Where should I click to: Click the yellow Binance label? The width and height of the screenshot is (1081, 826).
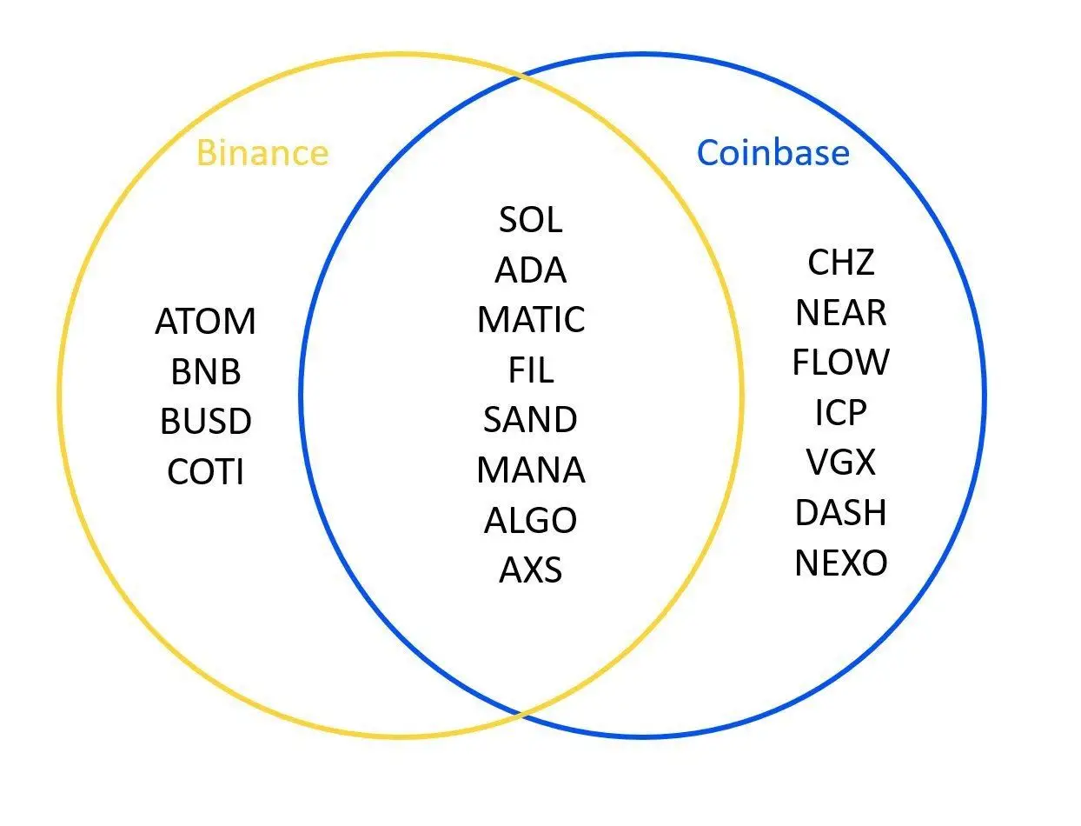(x=262, y=153)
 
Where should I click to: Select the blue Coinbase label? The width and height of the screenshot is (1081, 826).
(x=773, y=153)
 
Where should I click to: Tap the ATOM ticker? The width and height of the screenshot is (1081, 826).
(x=206, y=322)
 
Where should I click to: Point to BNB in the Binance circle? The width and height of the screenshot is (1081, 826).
(x=206, y=372)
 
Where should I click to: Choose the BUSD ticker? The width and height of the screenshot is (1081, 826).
(x=206, y=423)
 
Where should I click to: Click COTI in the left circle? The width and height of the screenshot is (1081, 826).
(x=206, y=473)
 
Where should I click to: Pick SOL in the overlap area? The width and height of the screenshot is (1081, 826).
(x=531, y=220)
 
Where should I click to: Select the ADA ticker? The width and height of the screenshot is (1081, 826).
(x=531, y=270)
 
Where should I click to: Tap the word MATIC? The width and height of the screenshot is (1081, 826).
(x=531, y=320)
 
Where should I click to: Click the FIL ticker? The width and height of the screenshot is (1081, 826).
(x=531, y=370)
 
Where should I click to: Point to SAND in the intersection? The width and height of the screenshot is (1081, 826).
(x=531, y=420)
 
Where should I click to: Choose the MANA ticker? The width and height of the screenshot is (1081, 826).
(x=531, y=470)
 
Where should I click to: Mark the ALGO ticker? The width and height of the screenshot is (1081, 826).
(x=531, y=521)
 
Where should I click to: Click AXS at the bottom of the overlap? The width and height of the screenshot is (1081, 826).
(x=531, y=570)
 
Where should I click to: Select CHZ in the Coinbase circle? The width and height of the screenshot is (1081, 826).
(x=841, y=262)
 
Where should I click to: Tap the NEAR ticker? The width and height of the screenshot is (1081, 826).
(x=841, y=312)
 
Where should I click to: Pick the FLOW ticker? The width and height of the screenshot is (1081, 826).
(x=841, y=363)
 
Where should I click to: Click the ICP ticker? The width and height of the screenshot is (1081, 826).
(x=841, y=413)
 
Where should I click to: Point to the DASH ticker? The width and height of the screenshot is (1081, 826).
(x=841, y=513)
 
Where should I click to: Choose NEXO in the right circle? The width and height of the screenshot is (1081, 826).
(x=841, y=563)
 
